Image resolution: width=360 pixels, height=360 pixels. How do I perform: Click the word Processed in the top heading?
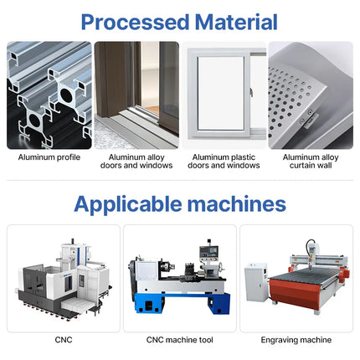click(135, 22)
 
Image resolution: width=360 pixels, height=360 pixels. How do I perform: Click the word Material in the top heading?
click(236, 22)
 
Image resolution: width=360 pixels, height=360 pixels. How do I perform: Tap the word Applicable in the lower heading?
click(128, 204)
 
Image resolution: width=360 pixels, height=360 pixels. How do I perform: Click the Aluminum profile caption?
click(49, 157)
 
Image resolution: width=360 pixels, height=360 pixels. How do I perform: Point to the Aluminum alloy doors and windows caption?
click(136, 162)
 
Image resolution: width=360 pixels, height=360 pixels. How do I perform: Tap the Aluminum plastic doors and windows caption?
click(224, 162)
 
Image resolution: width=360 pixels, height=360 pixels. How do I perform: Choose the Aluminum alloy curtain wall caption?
click(311, 162)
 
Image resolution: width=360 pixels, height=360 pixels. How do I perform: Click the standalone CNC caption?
click(64, 340)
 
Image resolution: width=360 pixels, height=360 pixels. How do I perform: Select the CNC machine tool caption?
click(180, 340)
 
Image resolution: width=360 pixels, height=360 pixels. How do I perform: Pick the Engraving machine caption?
click(296, 340)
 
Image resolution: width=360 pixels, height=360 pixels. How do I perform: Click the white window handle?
click(251, 92)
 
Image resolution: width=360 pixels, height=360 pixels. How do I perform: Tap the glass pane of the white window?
click(221, 93)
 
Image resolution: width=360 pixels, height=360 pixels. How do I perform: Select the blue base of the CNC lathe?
click(183, 303)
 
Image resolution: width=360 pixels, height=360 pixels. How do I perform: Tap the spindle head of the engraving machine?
click(311, 250)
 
